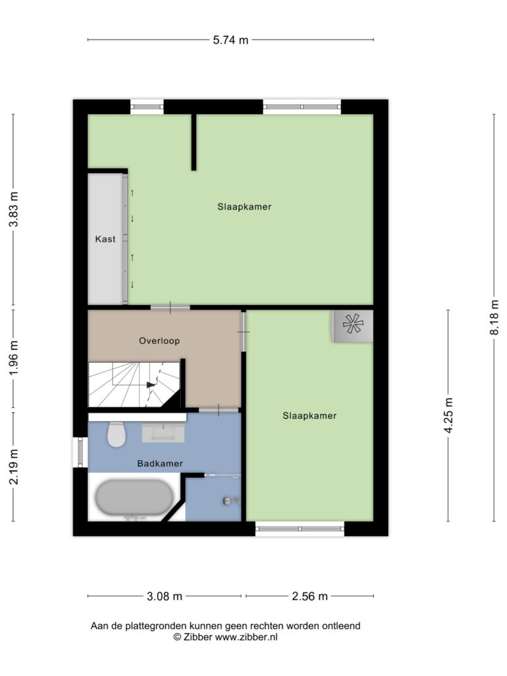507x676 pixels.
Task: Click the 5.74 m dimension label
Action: tap(230, 40)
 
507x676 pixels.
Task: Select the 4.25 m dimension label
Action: tap(448, 416)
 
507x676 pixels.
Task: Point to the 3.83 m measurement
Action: tap(14, 209)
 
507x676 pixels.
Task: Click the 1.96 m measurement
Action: tap(14, 358)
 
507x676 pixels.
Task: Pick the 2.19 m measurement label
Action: tap(14, 467)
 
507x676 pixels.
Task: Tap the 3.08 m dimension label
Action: tap(164, 596)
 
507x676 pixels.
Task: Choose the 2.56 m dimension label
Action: tap(310, 596)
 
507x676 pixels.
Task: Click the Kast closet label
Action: tap(105, 239)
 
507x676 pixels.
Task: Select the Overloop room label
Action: tap(159, 341)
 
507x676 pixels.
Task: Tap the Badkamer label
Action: tap(160, 463)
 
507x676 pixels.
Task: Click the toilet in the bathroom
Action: tap(116, 434)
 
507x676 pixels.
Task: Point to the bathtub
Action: tap(134, 498)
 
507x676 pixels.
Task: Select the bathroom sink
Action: tap(164, 432)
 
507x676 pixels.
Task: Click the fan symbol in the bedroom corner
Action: tap(353, 323)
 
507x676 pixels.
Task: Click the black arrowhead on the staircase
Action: tap(151, 385)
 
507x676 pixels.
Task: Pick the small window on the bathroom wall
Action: tap(80, 452)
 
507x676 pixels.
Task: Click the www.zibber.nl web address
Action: tap(246, 637)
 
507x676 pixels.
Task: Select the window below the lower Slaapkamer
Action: tap(300, 529)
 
